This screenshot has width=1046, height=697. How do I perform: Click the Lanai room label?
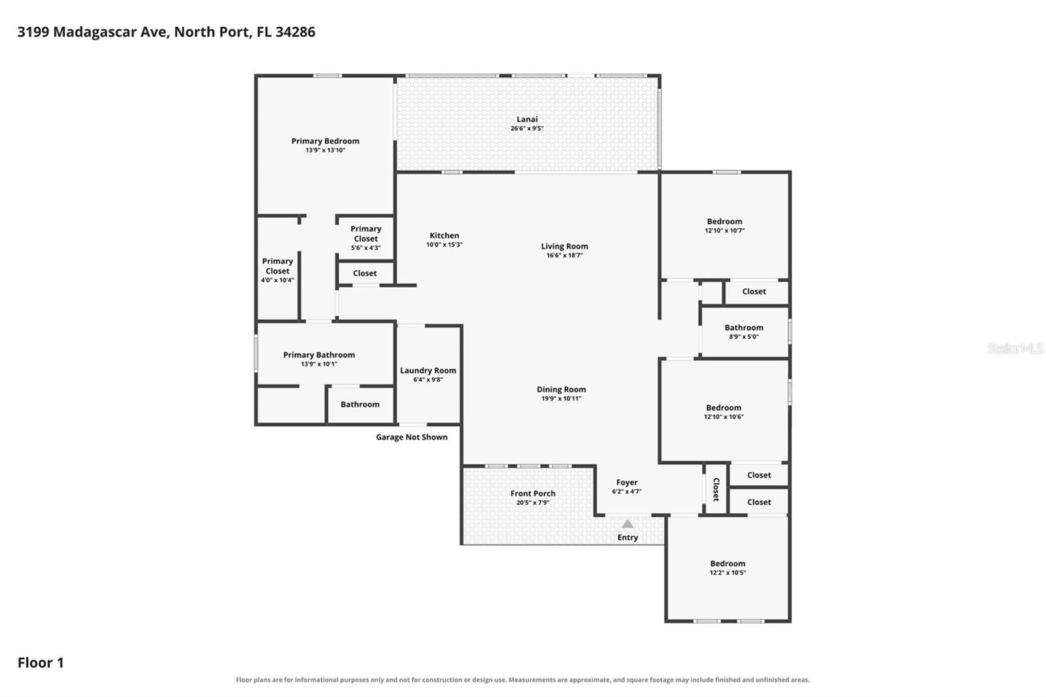click(x=527, y=119)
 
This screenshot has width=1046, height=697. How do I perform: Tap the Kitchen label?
click(x=444, y=235)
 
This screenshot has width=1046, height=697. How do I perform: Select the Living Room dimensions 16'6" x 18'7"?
click(x=565, y=255)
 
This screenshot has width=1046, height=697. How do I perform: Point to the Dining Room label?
click(x=561, y=389)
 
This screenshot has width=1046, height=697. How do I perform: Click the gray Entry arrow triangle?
click(x=628, y=524)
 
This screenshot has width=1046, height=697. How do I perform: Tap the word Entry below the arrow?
click(x=628, y=537)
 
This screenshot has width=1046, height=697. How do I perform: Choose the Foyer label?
click(x=627, y=482)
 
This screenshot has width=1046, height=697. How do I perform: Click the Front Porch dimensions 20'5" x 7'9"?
click(x=533, y=503)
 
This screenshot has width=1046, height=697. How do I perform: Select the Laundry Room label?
click(x=428, y=371)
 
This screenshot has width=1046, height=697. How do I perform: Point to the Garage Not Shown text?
click(x=411, y=437)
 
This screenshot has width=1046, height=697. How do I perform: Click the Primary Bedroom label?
click(x=325, y=141)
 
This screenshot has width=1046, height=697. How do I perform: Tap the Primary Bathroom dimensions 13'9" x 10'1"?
click(x=319, y=364)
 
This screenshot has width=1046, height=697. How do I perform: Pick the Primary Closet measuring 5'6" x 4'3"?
click(x=365, y=238)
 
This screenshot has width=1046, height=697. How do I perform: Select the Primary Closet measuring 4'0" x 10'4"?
click(x=277, y=271)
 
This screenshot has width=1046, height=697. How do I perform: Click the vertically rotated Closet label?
click(x=716, y=489)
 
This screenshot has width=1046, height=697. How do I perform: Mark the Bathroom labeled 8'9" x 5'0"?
click(x=744, y=331)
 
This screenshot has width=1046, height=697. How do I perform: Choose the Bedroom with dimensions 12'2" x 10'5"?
click(x=728, y=568)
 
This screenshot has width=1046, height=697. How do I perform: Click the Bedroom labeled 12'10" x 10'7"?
click(x=724, y=226)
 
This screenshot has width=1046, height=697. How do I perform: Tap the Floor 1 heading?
click(x=41, y=662)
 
